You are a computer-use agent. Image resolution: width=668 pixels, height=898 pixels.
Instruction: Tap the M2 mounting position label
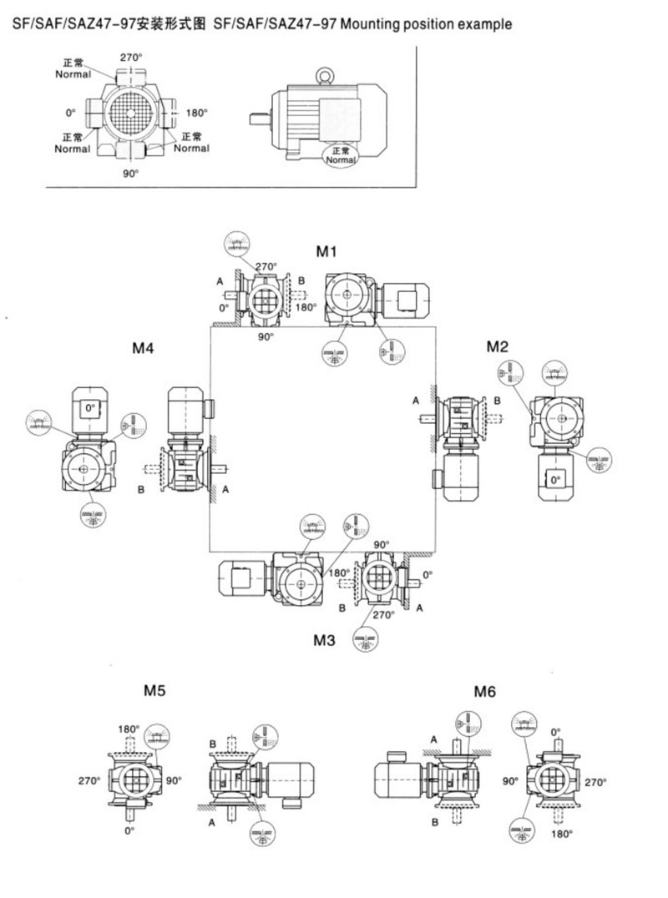(x=497, y=346)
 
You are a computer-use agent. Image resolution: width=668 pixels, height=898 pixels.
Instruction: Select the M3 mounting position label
(x=324, y=640)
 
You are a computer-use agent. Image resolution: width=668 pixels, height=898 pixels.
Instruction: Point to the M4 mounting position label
(x=143, y=347)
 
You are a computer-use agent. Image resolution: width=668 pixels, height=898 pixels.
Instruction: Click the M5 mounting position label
(x=154, y=690)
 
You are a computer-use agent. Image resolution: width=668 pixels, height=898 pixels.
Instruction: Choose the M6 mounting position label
(x=485, y=691)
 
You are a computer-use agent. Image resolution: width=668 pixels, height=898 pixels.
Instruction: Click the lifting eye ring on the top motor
(x=323, y=76)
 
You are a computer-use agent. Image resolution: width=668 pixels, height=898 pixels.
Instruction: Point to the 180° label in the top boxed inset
(x=196, y=113)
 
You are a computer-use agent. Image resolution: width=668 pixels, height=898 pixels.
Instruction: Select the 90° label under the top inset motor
(x=130, y=173)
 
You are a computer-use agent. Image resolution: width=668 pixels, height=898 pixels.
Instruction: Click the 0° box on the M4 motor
(x=89, y=408)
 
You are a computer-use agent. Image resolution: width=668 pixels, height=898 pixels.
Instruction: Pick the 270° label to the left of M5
(x=90, y=781)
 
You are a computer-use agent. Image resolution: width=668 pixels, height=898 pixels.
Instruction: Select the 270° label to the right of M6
(x=596, y=782)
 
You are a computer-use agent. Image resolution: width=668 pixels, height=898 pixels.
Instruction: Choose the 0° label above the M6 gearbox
(x=557, y=731)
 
